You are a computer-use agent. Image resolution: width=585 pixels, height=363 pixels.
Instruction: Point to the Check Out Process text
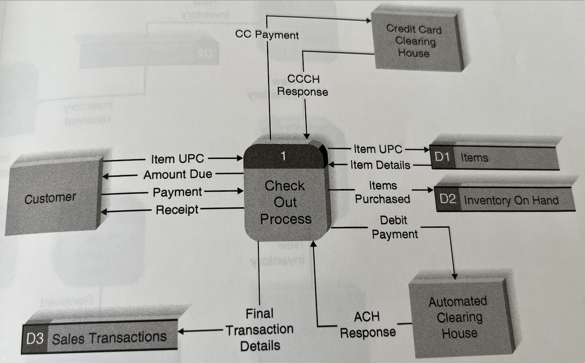tap(285, 202)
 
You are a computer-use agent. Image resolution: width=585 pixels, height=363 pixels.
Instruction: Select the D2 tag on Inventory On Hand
tap(448, 199)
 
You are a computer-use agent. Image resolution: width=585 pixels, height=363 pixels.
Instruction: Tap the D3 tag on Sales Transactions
tap(34, 339)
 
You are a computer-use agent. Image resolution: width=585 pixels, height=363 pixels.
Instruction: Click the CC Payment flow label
tap(267, 35)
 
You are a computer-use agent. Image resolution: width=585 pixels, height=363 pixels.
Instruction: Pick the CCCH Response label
tap(305, 85)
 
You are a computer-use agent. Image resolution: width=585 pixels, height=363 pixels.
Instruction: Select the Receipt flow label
tap(177, 209)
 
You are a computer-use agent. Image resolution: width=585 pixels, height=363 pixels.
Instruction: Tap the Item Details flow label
tap(380, 165)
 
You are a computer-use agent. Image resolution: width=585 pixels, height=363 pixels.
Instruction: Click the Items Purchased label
tap(382, 192)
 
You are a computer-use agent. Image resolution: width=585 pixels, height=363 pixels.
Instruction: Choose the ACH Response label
tap(367, 324)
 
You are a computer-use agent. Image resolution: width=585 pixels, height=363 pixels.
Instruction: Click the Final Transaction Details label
tap(260, 330)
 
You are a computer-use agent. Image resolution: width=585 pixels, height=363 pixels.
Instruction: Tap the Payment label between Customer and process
tap(177, 192)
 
